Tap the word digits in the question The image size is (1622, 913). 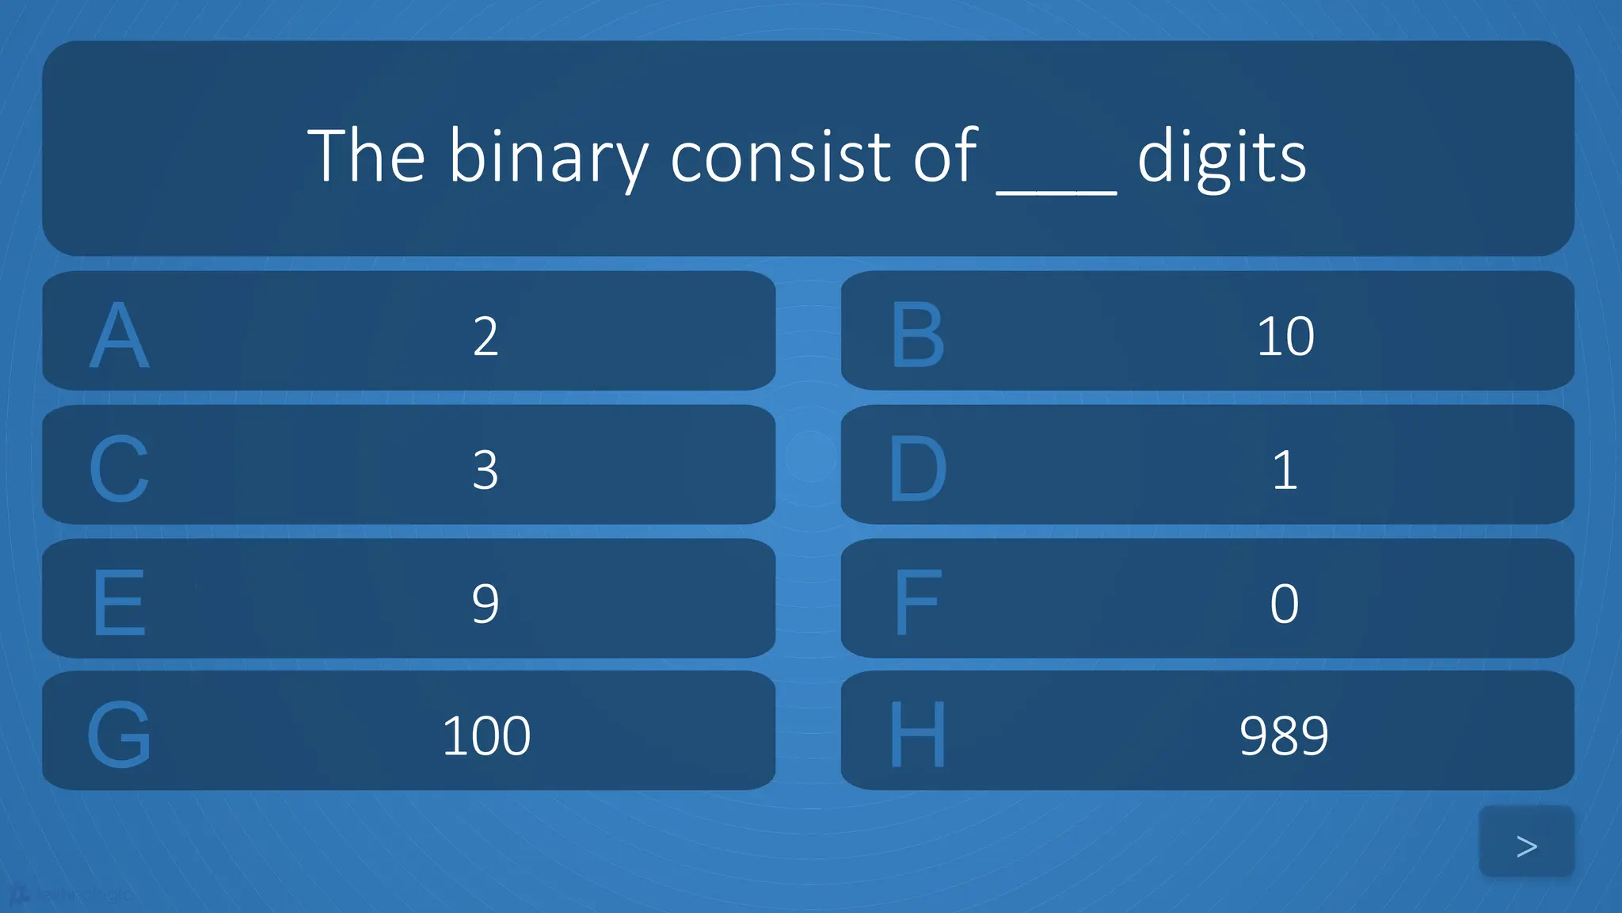(x=1221, y=157)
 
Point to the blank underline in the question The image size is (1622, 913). (x=1057, y=189)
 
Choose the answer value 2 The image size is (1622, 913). (x=485, y=336)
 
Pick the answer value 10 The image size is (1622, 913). (x=1285, y=336)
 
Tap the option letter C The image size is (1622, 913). (x=119, y=469)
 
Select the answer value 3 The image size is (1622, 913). (x=485, y=470)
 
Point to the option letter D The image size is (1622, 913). (x=918, y=469)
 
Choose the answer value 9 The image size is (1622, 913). (x=485, y=604)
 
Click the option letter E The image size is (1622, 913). (x=119, y=603)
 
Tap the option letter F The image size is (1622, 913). (x=918, y=603)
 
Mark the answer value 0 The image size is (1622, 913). (x=1285, y=604)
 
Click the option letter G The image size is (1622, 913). (x=119, y=735)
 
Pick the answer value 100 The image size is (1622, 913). (x=486, y=735)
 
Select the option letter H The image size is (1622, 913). (x=918, y=735)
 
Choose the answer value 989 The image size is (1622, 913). (x=1284, y=735)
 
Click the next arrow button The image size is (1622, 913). (x=1526, y=845)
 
